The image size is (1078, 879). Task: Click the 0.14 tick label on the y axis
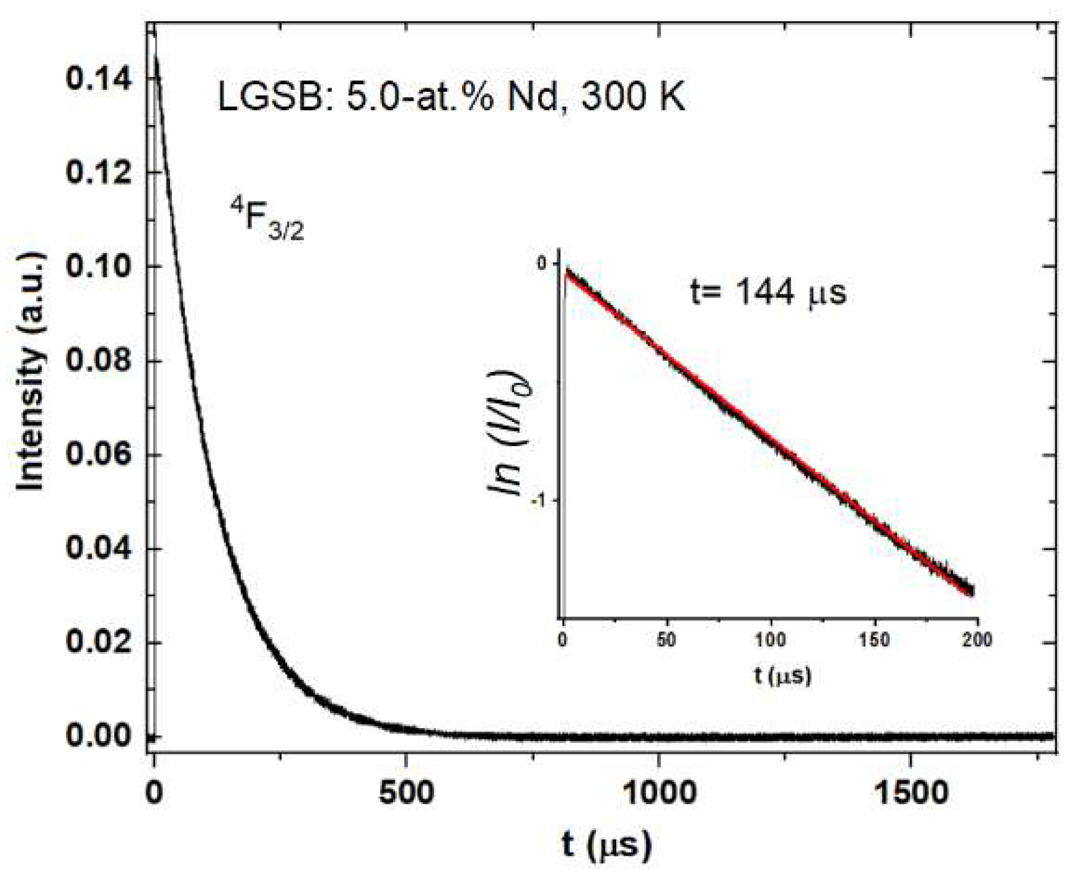[98, 80]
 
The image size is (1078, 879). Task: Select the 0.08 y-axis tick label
[98, 360]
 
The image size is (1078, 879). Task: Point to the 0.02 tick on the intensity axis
[98, 642]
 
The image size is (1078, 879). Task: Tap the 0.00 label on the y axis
[98, 736]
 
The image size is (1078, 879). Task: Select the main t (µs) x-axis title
[606, 844]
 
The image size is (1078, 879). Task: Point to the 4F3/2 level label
[266, 218]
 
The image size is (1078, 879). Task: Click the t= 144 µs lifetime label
[768, 293]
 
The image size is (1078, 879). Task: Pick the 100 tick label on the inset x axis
[771, 640]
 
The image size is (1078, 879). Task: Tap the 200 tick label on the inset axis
[977, 640]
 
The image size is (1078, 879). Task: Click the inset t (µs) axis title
[782, 675]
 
